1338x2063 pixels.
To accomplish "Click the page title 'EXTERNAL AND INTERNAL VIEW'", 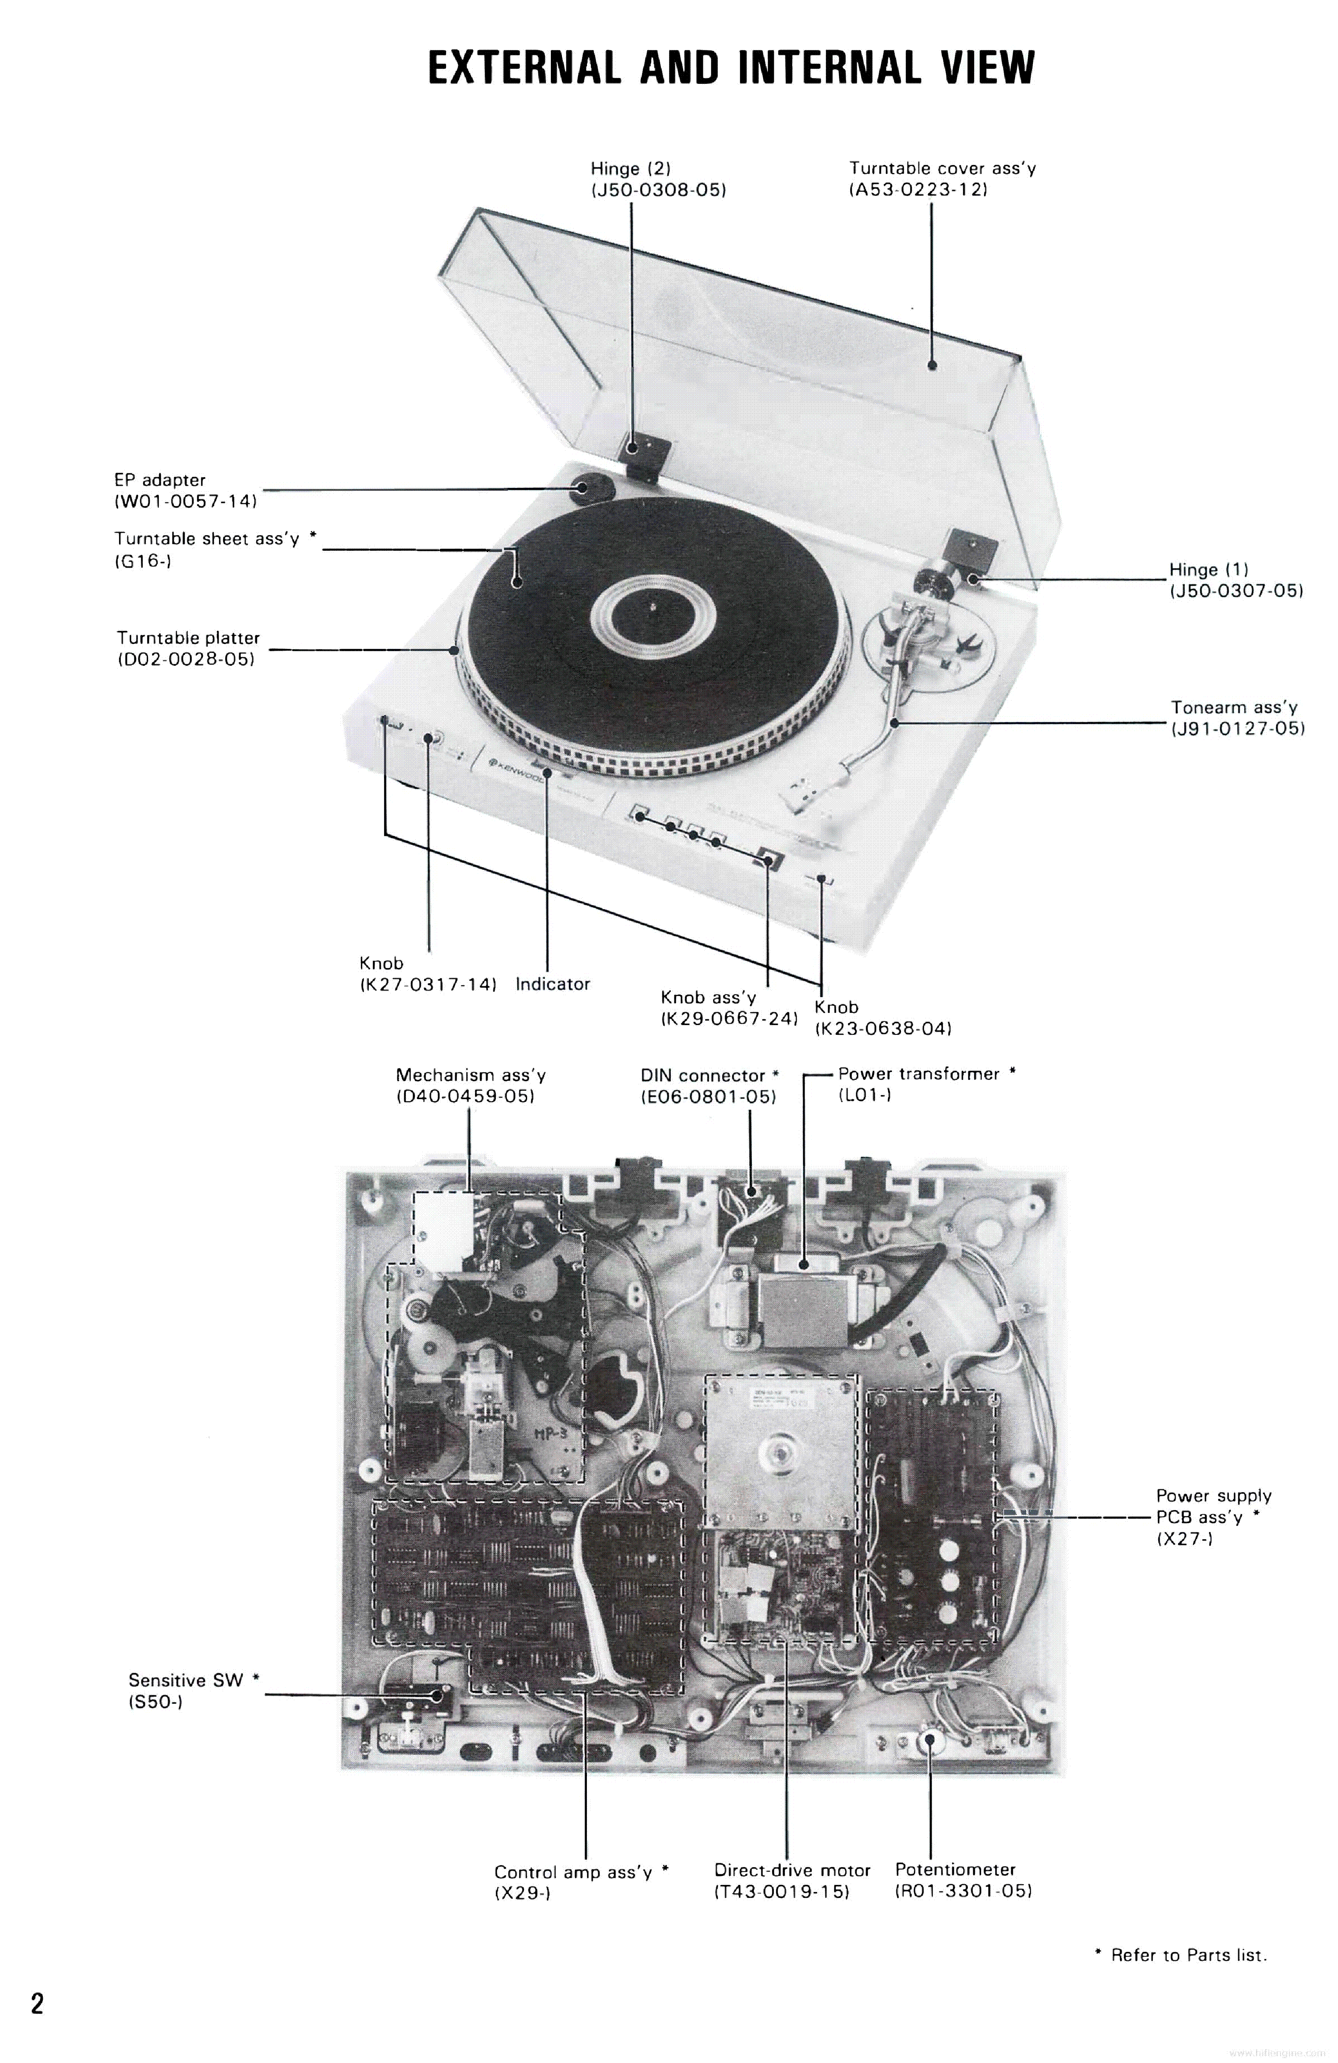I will [731, 68].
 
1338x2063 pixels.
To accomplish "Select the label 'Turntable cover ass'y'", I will [942, 168].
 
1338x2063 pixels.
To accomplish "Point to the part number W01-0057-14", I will [186, 501].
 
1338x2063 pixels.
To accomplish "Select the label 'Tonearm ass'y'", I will [1234, 707].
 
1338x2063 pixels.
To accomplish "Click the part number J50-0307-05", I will [1236, 591].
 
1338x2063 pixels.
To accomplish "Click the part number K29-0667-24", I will [729, 1018].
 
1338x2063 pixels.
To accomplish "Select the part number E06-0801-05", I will [708, 1096].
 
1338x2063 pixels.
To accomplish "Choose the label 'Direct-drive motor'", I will [791, 1870].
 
